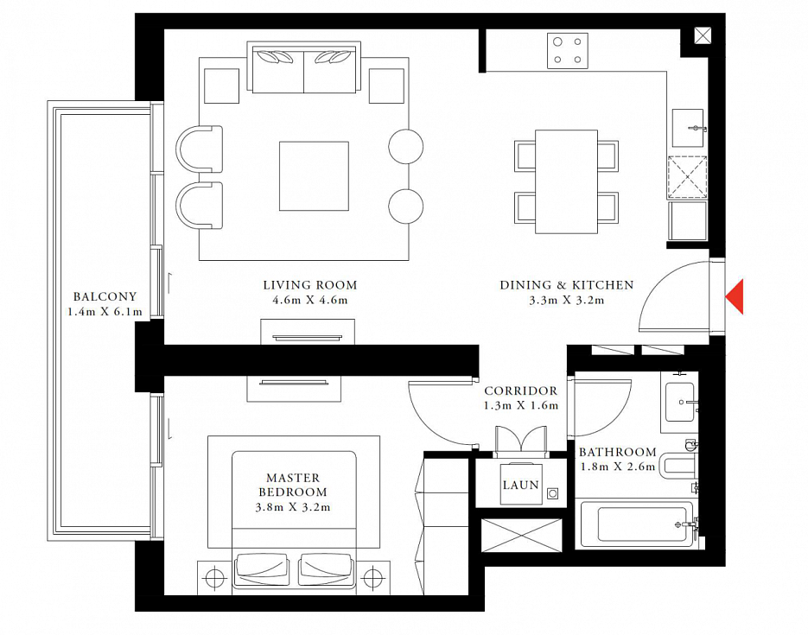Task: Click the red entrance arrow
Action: click(x=736, y=296)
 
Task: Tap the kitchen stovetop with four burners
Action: click(x=568, y=50)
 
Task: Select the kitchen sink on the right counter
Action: click(x=688, y=128)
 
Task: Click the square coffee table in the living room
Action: click(x=314, y=176)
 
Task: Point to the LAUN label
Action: click(x=520, y=485)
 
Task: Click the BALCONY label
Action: click(x=105, y=296)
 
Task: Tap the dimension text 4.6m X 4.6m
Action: click(x=310, y=301)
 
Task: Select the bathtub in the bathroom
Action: click(x=637, y=524)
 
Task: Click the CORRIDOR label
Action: click(x=520, y=391)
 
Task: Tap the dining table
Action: click(x=566, y=181)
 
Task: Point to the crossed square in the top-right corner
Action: click(x=703, y=35)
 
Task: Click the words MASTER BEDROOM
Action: click(x=293, y=485)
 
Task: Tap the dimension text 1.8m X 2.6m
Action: click(x=617, y=467)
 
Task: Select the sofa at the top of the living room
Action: click(x=303, y=67)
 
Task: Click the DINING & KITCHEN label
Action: click(x=567, y=285)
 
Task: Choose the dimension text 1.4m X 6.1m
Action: click(x=105, y=312)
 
